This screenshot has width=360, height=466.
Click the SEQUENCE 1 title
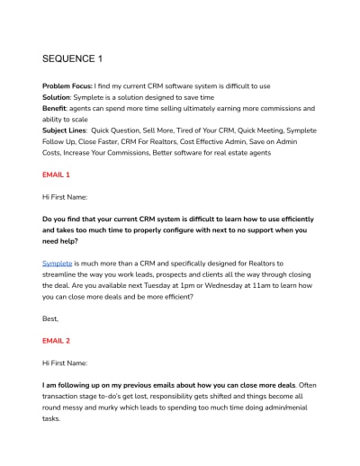(x=73, y=59)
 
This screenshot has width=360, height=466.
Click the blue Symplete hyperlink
(x=58, y=264)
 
